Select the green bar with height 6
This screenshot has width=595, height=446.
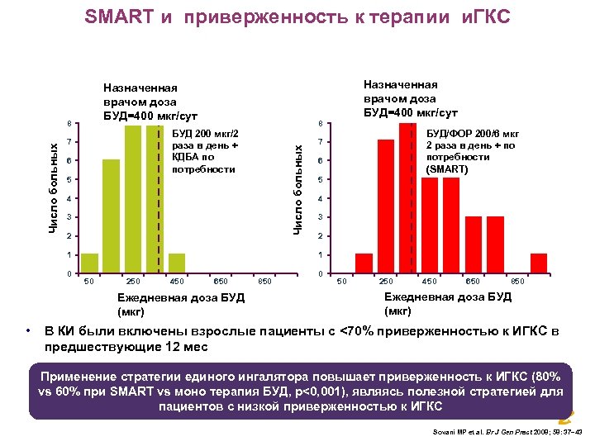coord(111,216)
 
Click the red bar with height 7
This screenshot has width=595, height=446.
coord(386,206)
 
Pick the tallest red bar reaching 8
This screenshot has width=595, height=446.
coord(407,198)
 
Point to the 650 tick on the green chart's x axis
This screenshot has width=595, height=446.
coord(221,282)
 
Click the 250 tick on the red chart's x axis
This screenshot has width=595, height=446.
coord(386,282)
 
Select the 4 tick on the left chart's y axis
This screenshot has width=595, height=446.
coord(70,199)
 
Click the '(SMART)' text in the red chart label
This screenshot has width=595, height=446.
coord(447,168)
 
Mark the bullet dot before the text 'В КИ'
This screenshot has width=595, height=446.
coord(31,332)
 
